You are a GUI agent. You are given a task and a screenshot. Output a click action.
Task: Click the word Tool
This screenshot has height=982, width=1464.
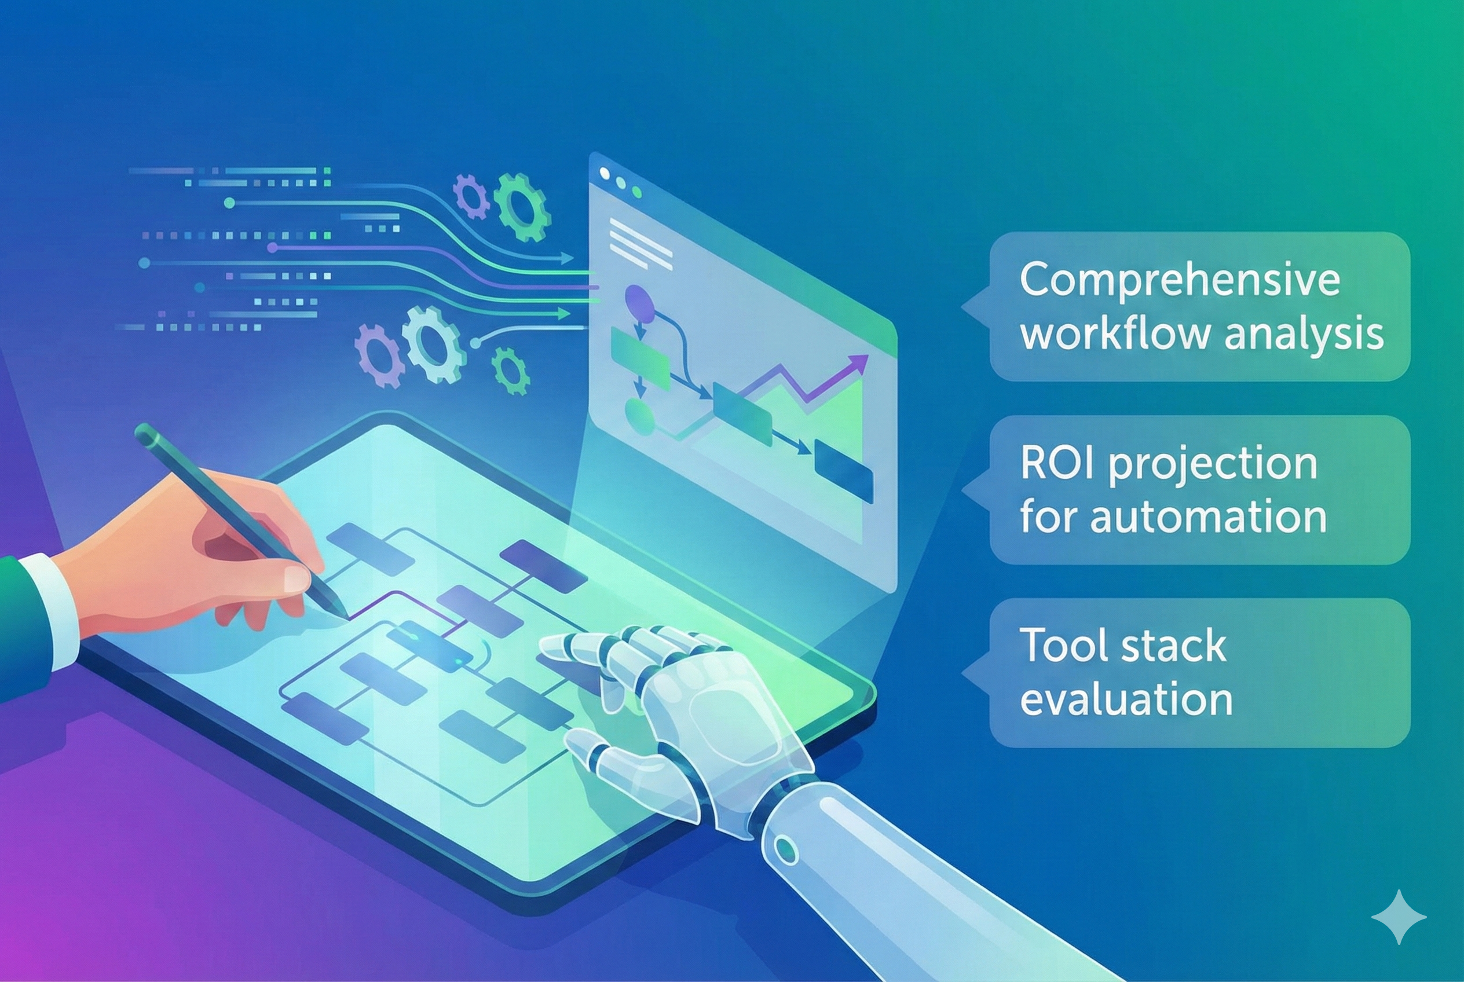(x=1060, y=645)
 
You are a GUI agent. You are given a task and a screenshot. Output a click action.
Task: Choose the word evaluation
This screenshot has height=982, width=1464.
(x=1126, y=699)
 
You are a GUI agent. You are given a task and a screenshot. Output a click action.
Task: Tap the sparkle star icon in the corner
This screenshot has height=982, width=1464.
(x=1398, y=918)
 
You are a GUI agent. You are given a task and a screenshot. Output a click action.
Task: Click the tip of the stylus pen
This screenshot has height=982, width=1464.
(x=344, y=615)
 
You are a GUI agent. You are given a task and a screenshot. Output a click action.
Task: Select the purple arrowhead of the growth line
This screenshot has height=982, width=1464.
(x=861, y=361)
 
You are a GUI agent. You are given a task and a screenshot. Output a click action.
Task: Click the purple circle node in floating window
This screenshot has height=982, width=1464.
(x=639, y=300)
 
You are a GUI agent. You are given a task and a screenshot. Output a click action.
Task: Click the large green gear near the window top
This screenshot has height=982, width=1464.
(x=521, y=207)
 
